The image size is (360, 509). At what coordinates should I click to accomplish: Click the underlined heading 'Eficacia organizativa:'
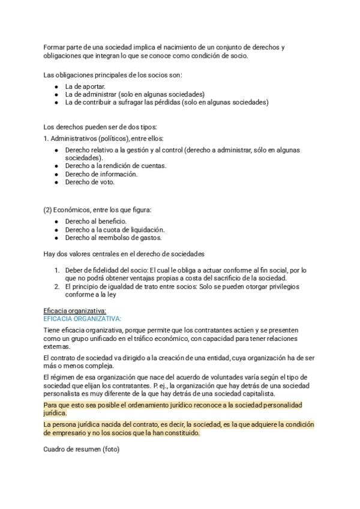(x=75, y=310)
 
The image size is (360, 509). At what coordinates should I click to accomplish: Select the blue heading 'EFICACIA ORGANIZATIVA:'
(x=82, y=318)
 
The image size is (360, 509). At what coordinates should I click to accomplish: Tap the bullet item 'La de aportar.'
(x=85, y=86)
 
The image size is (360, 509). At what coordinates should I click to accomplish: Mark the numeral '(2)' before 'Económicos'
(x=49, y=209)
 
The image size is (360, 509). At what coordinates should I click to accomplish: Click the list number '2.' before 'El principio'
(x=58, y=286)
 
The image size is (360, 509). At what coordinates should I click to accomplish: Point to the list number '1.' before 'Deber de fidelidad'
(x=58, y=270)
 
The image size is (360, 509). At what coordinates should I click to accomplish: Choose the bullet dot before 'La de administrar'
(x=56, y=94)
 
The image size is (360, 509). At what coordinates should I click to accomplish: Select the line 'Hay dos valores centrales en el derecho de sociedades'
(x=124, y=254)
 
